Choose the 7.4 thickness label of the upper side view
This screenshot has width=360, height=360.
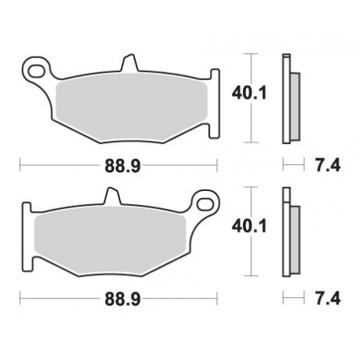[321, 166]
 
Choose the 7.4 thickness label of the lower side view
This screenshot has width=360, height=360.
[321, 299]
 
